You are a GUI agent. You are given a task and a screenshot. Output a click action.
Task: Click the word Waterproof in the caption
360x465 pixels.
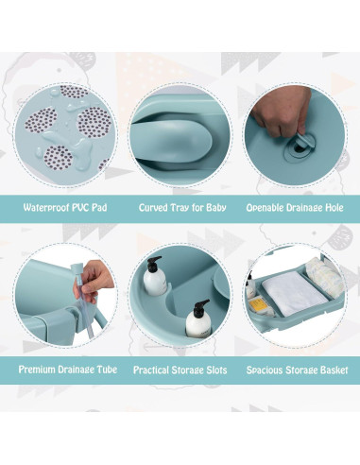pyautogui.click(x=41, y=208)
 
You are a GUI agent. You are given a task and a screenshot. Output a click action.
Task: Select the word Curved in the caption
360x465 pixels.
pyautogui.click(x=154, y=208)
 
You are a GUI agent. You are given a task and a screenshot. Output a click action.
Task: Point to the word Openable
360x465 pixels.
pyautogui.click(x=267, y=208)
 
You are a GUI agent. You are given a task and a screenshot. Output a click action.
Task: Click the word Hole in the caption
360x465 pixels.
pyautogui.click(x=332, y=208)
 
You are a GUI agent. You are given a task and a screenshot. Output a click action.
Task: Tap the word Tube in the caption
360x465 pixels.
pyautogui.click(x=107, y=370)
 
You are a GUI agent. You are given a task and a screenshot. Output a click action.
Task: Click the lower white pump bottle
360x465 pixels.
pyautogui.click(x=197, y=320)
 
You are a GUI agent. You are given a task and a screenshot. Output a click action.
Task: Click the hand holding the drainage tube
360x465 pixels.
pyautogui.click(x=94, y=276)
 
